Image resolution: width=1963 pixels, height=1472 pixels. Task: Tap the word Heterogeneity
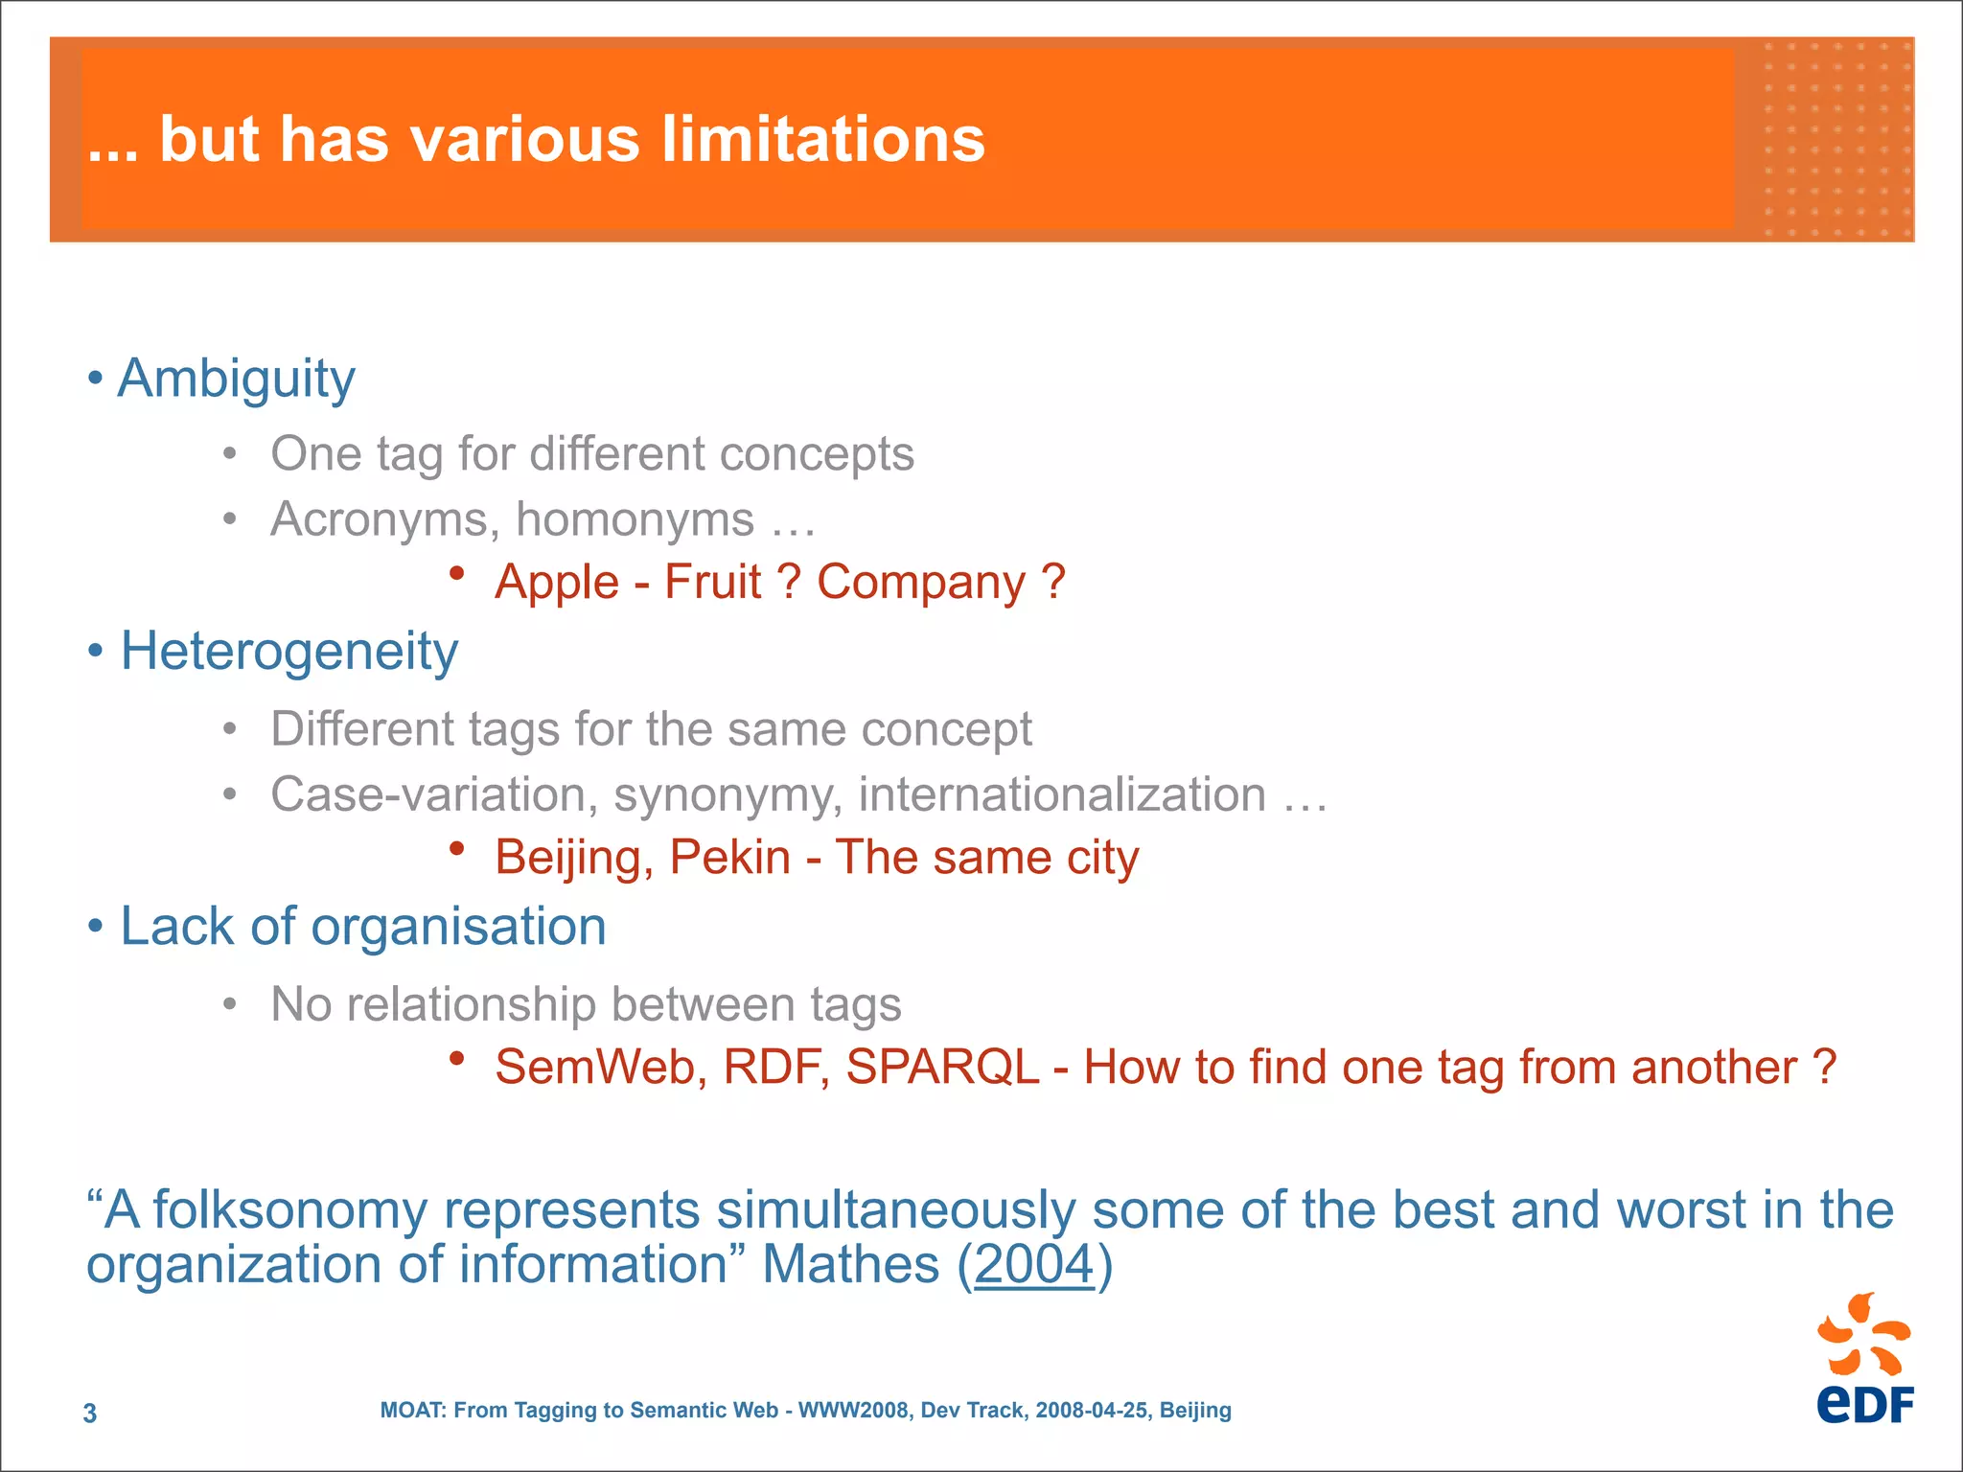(x=289, y=653)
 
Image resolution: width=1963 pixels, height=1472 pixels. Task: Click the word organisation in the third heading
(x=458, y=928)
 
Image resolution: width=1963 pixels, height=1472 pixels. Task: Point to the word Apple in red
(x=557, y=583)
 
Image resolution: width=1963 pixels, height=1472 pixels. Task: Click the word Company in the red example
(x=920, y=583)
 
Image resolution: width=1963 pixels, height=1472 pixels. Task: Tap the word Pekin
(x=729, y=858)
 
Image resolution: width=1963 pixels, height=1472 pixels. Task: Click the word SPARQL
(x=942, y=1068)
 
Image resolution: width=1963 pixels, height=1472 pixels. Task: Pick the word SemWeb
(x=601, y=1068)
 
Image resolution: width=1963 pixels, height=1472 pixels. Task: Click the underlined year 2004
(x=1034, y=1265)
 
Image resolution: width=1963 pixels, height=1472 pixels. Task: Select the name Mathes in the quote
(x=850, y=1265)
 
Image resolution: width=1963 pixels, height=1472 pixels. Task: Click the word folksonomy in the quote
(x=289, y=1210)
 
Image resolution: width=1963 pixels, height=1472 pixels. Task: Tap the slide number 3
(x=90, y=1414)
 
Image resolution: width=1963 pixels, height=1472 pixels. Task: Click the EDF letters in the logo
(x=1864, y=1405)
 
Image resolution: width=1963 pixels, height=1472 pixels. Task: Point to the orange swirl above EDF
(x=1863, y=1334)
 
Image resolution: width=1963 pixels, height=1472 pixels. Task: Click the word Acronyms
(x=383, y=520)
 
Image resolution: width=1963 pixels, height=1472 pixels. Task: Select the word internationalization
(x=1062, y=795)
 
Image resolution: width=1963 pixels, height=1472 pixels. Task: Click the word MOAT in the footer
(x=411, y=1411)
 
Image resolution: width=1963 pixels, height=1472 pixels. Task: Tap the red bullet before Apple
(x=457, y=573)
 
